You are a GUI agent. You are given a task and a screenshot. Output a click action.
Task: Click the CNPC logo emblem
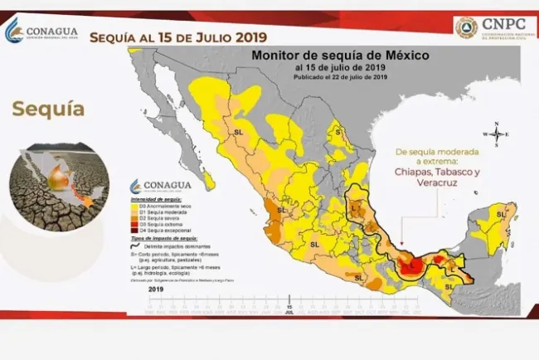click(467, 27)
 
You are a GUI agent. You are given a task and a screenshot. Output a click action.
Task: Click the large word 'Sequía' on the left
click(49, 109)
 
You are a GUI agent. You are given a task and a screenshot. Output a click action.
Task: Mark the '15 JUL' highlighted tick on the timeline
click(289, 309)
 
